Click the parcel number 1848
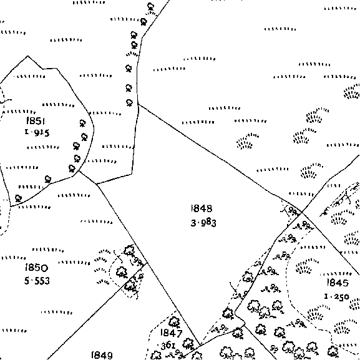(202, 208)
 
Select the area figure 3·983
(203, 223)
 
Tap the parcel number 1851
(36, 120)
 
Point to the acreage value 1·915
(37, 132)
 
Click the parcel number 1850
(36, 268)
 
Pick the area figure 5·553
(37, 281)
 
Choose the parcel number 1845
(338, 283)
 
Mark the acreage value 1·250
(336, 296)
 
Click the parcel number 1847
(172, 333)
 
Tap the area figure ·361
(167, 346)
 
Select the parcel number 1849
(102, 355)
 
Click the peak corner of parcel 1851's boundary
(27, 56)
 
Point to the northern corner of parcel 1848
(139, 104)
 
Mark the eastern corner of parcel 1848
(301, 213)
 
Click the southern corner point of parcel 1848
(200, 345)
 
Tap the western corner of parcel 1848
(97, 184)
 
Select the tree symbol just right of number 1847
(188, 344)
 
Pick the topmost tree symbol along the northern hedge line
(150, 6)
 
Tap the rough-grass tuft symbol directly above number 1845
(307, 266)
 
